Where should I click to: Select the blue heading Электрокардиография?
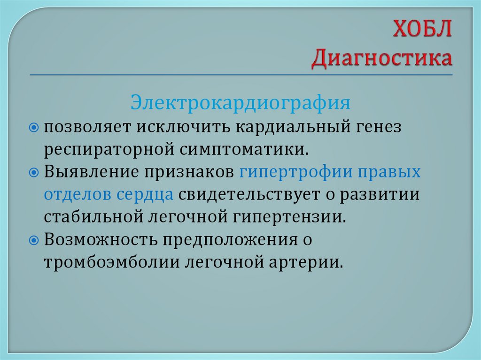point(240,102)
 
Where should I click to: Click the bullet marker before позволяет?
point(33,128)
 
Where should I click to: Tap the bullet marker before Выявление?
point(33,173)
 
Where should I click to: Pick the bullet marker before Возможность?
point(33,240)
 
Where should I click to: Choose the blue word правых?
point(390,172)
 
